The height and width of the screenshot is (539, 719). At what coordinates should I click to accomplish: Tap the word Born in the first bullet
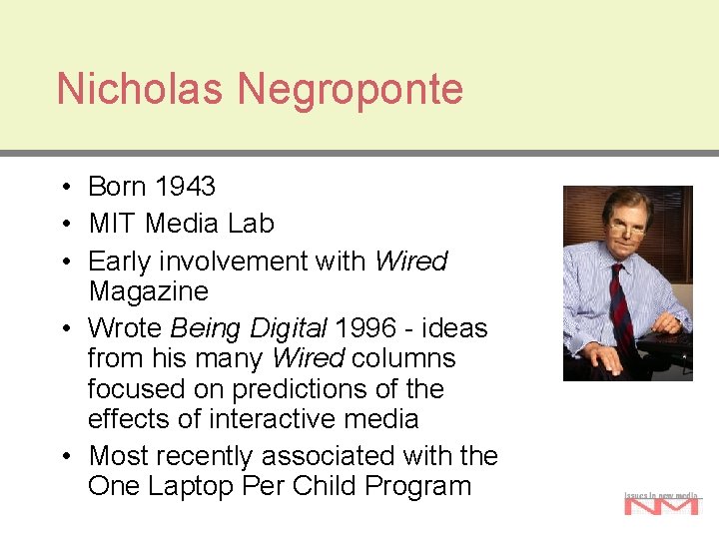117,187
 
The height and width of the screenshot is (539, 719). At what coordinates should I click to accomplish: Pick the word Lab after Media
251,224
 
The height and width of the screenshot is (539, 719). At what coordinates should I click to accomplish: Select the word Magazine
148,292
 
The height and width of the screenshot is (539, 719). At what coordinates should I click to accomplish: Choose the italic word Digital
289,328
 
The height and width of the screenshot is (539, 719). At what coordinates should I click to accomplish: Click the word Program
418,486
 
